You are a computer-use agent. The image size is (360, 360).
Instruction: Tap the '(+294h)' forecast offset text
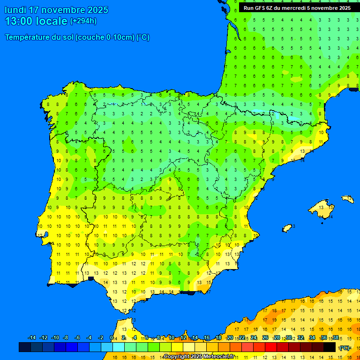coord(83,21)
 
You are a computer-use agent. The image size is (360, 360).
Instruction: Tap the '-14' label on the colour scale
coord(32,338)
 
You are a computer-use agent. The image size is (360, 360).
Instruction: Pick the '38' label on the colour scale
coord(336,338)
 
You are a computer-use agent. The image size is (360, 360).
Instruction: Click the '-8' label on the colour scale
coord(66,338)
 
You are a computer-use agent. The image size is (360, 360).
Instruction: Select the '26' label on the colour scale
coord(265,338)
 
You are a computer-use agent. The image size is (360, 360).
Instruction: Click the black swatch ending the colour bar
coord(330,347)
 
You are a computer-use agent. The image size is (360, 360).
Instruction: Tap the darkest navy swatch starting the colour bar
coord(25,347)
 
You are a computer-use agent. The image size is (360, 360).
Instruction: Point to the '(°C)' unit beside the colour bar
coord(345,347)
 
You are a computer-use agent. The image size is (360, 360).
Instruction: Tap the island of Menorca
coord(347,199)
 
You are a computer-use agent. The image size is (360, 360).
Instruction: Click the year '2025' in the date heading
coord(97,10)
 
